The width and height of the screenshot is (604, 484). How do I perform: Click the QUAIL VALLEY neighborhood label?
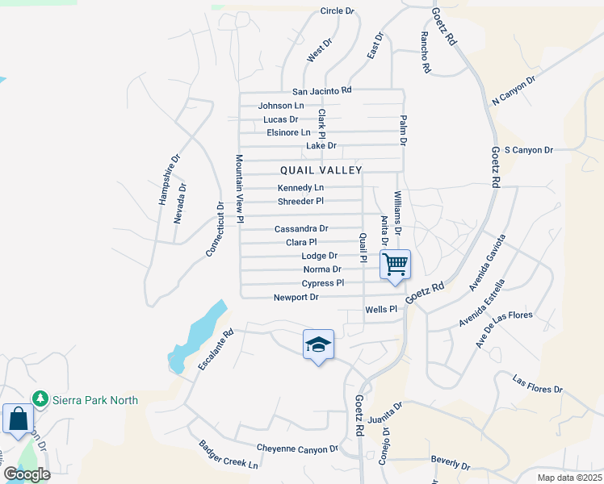321,170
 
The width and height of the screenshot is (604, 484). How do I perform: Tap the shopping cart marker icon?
395,264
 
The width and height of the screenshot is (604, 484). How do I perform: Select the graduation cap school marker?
318,344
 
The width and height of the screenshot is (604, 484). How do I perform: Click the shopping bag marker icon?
17,419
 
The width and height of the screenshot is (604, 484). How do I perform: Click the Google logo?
27,474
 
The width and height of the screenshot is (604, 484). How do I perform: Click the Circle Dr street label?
338,10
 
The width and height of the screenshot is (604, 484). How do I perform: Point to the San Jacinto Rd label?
322,91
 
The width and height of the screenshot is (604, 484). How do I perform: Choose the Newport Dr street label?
296,298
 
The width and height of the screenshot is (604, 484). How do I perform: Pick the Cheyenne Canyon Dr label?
296,448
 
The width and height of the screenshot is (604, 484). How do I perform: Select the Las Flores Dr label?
538,384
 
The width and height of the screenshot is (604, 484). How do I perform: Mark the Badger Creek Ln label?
229,456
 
